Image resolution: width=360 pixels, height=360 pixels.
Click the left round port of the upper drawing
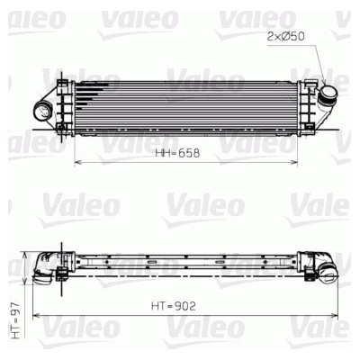coord(42,112)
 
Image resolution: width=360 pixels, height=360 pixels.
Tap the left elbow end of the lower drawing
coord(42,266)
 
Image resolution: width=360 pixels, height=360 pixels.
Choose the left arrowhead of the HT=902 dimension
coord(35,316)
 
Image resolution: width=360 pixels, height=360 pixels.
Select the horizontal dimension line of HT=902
coord(108,316)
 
